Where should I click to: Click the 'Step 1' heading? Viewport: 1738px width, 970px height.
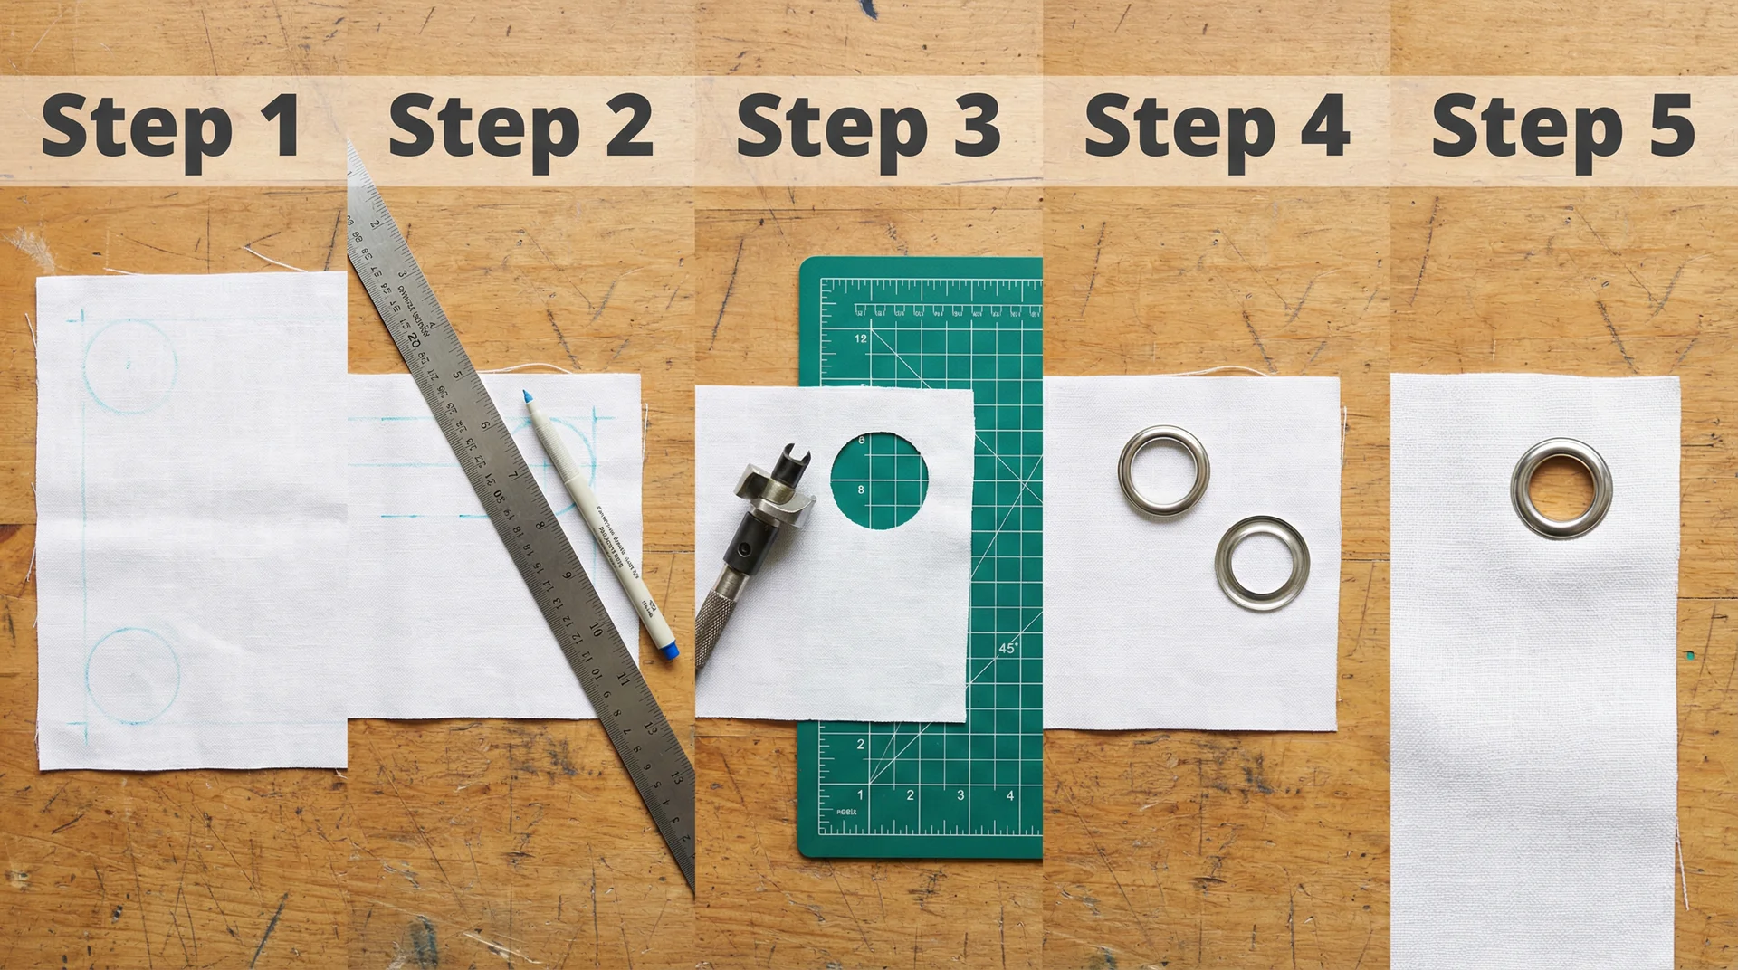coord(172,128)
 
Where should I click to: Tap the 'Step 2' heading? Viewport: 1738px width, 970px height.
coord(520,128)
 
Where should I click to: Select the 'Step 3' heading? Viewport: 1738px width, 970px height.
coord(868,128)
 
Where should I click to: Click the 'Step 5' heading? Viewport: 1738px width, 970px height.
coord(1563,128)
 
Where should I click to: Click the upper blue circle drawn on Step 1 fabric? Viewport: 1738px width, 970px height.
coord(129,366)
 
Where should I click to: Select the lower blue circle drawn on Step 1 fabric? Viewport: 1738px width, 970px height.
coord(133,676)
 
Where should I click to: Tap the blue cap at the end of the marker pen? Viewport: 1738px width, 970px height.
coord(667,650)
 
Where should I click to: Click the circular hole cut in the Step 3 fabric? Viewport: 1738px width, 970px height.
coord(879,480)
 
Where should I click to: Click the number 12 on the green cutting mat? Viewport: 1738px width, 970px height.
coord(860,338)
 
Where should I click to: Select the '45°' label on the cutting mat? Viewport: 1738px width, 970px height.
coord(1007,648)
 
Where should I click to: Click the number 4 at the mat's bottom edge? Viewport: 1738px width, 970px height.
coord(1010,795)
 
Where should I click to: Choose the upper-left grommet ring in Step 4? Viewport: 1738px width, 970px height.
coord(1163,471)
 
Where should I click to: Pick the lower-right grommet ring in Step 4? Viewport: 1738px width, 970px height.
coord(1262,563)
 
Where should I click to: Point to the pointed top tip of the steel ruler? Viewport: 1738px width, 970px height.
coord(349,145)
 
